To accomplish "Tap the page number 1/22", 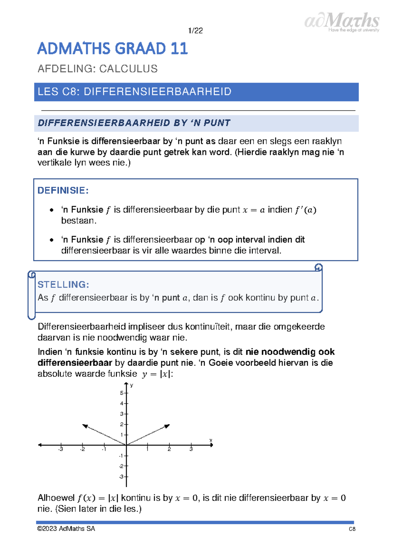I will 196,31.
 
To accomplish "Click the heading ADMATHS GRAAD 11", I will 112,49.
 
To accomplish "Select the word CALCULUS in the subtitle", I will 128,69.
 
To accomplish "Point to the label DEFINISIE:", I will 63,190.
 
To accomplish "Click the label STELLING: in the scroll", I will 63,284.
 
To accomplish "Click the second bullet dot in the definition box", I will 51,240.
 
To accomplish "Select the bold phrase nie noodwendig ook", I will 290,352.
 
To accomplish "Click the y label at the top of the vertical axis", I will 131,385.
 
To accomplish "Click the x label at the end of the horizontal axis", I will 211,440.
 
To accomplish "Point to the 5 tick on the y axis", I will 122,393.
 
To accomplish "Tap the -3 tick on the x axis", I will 61,449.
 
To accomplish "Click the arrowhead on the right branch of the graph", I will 167,426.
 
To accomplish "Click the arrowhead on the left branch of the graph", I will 85,426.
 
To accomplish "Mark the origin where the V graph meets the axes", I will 126,445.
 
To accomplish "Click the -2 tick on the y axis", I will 121,466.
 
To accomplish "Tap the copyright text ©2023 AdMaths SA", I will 66,528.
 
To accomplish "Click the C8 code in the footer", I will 352,529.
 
